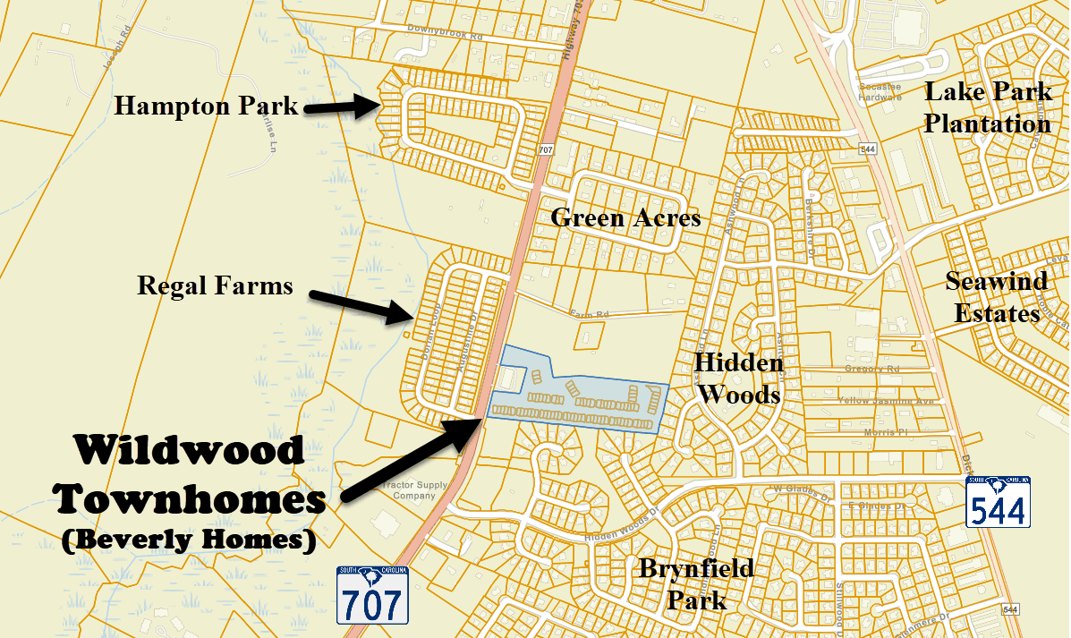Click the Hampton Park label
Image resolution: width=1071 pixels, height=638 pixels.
click(x=205, y=106)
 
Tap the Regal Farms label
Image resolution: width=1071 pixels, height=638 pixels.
click(x=215, y=286)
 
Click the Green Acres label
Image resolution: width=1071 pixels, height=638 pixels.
click(x=625, y=217)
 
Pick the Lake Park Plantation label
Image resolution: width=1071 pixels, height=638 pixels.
click(x=986, y=106)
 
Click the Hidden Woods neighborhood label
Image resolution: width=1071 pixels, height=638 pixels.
click(x=739, y=378)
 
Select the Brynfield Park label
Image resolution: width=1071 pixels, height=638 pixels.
click(x=696, y=583)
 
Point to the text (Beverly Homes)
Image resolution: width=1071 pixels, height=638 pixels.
click(x=189, y=541)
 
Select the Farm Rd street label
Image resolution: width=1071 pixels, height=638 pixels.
click(x=589, y=312)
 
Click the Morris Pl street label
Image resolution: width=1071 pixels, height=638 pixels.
click(x=882, y=432)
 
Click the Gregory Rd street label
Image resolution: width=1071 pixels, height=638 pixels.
click(x=871, y=369)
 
